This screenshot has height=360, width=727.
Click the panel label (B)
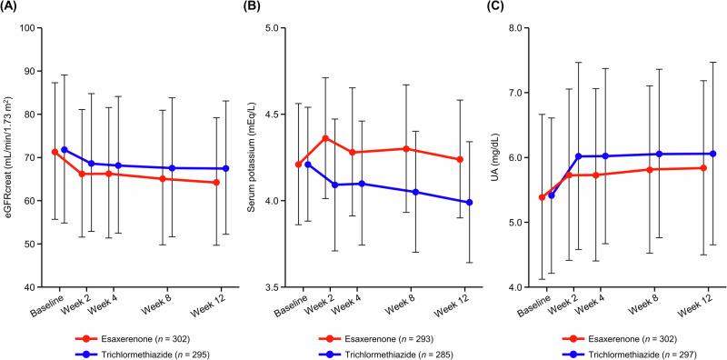[259, 8]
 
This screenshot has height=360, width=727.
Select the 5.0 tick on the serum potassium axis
[281, 28]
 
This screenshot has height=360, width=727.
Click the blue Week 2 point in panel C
[577, 156]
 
